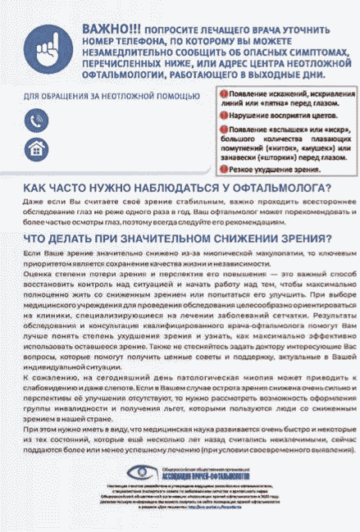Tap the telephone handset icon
(35, 120)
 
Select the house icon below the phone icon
(35, 148)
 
